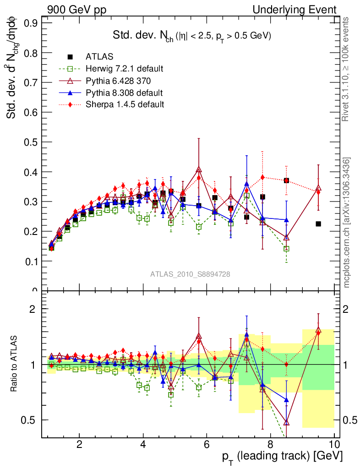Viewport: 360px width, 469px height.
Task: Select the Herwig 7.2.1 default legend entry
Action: point(124,69)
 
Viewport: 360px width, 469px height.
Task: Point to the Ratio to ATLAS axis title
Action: point(15,364)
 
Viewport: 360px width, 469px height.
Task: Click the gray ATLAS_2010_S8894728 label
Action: point(190,274)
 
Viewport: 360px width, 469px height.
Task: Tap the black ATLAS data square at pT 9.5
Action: point(318,224)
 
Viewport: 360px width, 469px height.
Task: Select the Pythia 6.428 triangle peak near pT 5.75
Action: point(199,170)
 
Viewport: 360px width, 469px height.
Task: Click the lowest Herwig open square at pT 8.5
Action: point(286,249)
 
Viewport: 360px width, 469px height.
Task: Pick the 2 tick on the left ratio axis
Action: point(33,309)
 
